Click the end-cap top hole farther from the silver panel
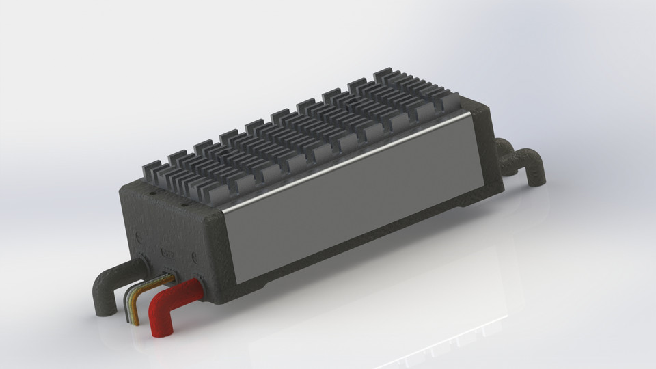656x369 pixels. coord(152,191)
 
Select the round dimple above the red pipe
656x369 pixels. coord(197,258)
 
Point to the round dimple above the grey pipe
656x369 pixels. coord(139,240)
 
